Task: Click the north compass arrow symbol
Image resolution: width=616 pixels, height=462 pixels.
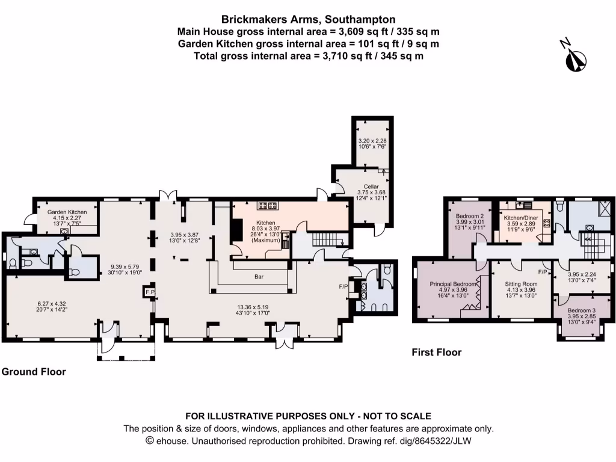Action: (576, 58)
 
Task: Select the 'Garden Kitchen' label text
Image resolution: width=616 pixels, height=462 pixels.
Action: (67, 212)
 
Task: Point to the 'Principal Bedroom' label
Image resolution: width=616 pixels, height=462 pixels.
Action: (453, 283)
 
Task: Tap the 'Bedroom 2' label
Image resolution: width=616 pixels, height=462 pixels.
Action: (470, 216)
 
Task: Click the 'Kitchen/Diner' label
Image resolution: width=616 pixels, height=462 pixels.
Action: (522, 217)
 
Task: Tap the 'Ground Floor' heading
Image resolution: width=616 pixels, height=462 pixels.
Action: (34, 372)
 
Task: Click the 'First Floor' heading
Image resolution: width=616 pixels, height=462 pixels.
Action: (437, 353)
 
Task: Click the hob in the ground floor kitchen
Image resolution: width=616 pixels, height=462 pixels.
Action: (266, 206)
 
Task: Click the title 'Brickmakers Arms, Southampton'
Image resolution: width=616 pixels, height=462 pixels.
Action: (308, 20)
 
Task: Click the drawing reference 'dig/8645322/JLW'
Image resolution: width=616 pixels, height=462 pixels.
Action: (451, 441)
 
